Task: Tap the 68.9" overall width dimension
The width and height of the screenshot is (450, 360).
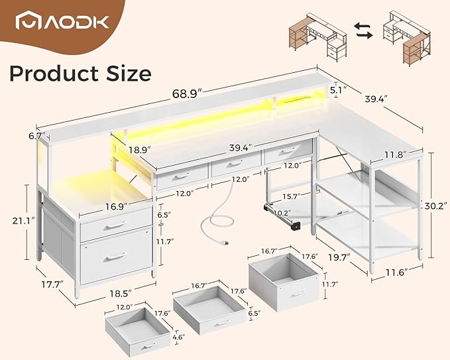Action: pos(188,95)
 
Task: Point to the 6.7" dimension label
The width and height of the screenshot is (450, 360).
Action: pos(36,137)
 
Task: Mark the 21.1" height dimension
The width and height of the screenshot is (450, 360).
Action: pos(15,219)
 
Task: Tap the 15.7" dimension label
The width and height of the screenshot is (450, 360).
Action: pos(290,197)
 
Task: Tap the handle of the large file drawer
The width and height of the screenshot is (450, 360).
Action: pos(114,257)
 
